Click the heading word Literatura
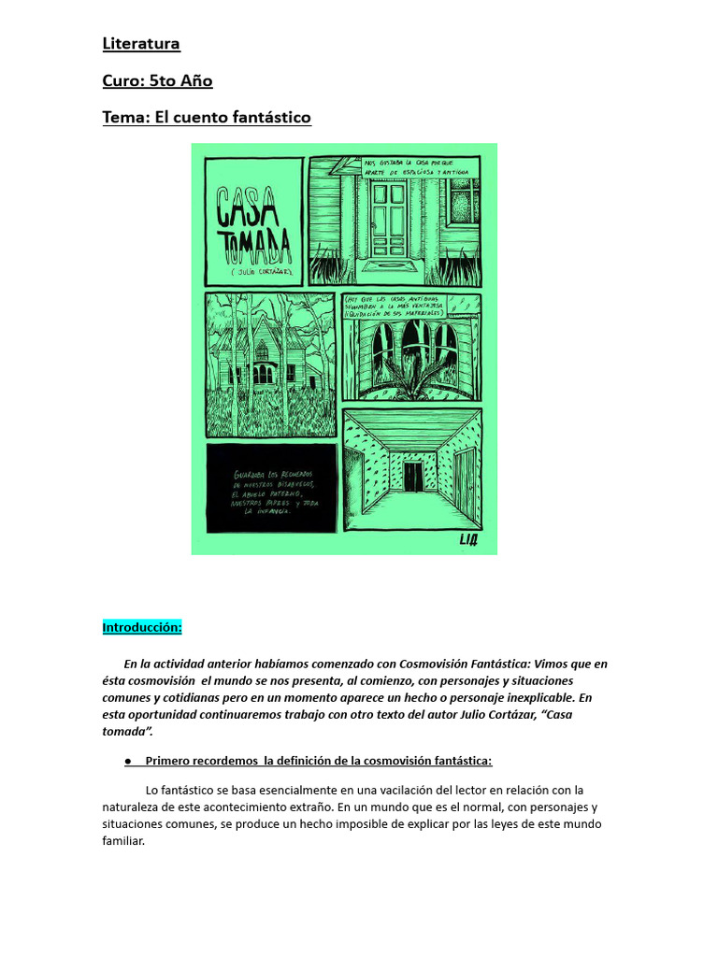coord(141,44)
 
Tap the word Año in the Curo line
coord(197,81)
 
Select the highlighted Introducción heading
coord(142,627)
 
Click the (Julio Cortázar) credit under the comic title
coord(253,272)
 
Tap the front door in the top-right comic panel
coord(387,221)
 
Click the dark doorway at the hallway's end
coord(412,477)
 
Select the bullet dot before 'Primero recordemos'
coord(126,760)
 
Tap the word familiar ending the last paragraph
coord(123,841)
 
